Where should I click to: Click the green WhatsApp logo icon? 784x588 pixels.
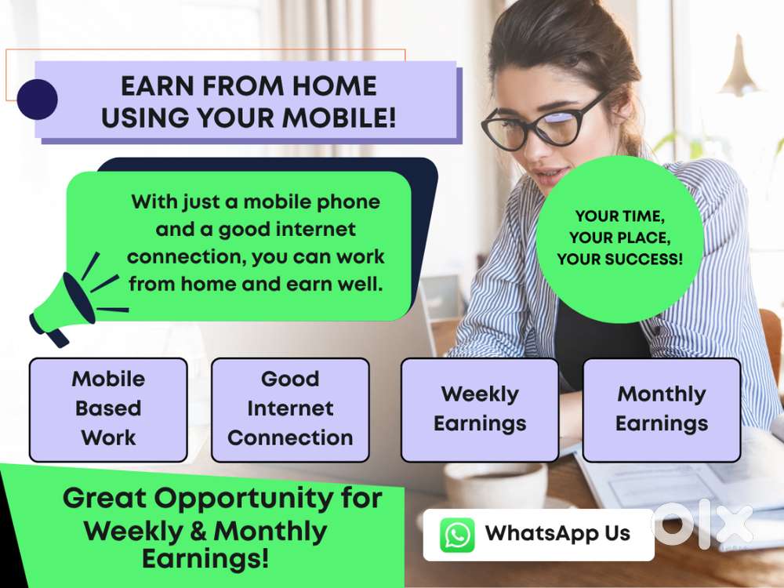[457, 535]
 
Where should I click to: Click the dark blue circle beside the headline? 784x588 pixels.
[37, 99]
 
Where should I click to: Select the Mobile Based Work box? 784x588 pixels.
[108, 409]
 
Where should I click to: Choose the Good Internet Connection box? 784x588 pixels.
[291, 409]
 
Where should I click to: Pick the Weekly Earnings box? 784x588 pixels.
[480, 409]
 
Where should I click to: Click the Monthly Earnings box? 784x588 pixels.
[662, 409]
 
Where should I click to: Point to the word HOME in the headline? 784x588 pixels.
[335, 86]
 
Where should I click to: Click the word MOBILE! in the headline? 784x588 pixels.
[339, 118]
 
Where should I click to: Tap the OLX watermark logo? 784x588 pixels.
[703, 524]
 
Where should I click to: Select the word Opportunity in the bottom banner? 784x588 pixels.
[243, 499]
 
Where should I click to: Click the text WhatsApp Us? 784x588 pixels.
[557, 533]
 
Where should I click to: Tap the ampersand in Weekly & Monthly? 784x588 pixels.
[198, 531]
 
